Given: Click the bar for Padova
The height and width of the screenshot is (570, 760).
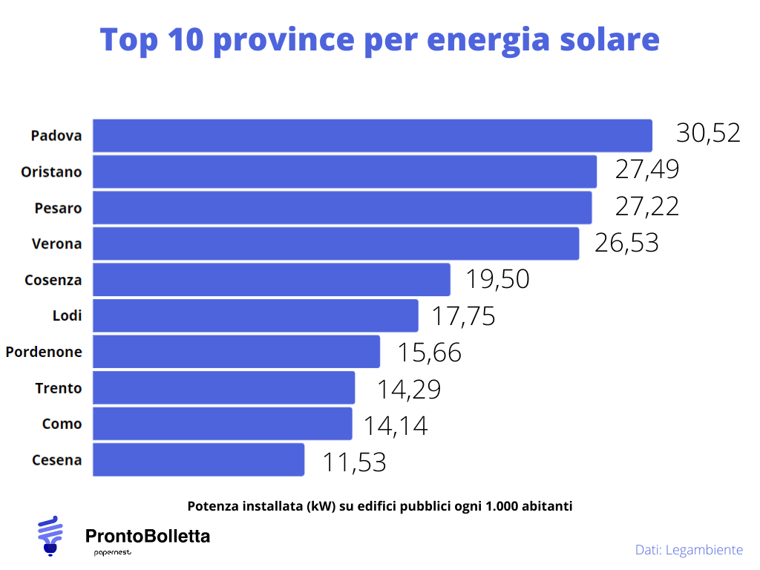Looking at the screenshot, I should pyautogui.click(x=372, y=136).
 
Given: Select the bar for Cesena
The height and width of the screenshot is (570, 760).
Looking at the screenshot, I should pyautogui.click(x=198, y=460).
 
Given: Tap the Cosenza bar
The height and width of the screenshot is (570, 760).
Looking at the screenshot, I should pyautogui.click(x=271, y=280).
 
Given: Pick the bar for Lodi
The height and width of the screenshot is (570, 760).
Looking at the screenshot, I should pyautogui.click(x=255, y=316).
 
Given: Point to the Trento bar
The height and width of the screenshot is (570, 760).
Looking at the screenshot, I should pyautogui.click(x=223, y=388).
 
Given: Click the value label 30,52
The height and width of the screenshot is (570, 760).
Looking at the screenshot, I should pyautogui.click(x=708, y=134).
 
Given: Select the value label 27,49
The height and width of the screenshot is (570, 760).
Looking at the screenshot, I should pyautogui.click(x=646, y=170).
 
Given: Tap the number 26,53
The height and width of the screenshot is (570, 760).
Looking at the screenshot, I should pyautogui.click(x=626, y=243).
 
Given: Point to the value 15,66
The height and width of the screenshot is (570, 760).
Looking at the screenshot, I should pyautogui.click(x=429, y=353).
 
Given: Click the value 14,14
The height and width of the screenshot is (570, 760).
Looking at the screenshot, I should pyautogui.click(x=395, y=425).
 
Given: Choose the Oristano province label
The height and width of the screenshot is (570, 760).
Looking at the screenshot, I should pyautogui.click(x=51, y=172).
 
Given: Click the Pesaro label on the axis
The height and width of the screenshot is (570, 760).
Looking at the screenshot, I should pyautogui.click(x=58, y=209).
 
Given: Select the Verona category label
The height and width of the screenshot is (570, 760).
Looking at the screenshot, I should pyautogui.click(x=56, y=244).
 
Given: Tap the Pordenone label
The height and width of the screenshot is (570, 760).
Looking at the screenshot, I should pyautogui.click(x=44, y=353).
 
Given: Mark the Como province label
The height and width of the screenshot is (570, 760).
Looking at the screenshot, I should pyautogui.click(x=62, y=425).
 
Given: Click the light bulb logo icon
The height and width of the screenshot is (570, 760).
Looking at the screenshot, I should pyautogui.click(x=50, y=535).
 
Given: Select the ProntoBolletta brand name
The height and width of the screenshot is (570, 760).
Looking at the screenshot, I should pyautogui.click(x=148, y=536).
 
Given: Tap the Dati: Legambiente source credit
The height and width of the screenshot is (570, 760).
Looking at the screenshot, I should pyautogui.click(x=688, y=550).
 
